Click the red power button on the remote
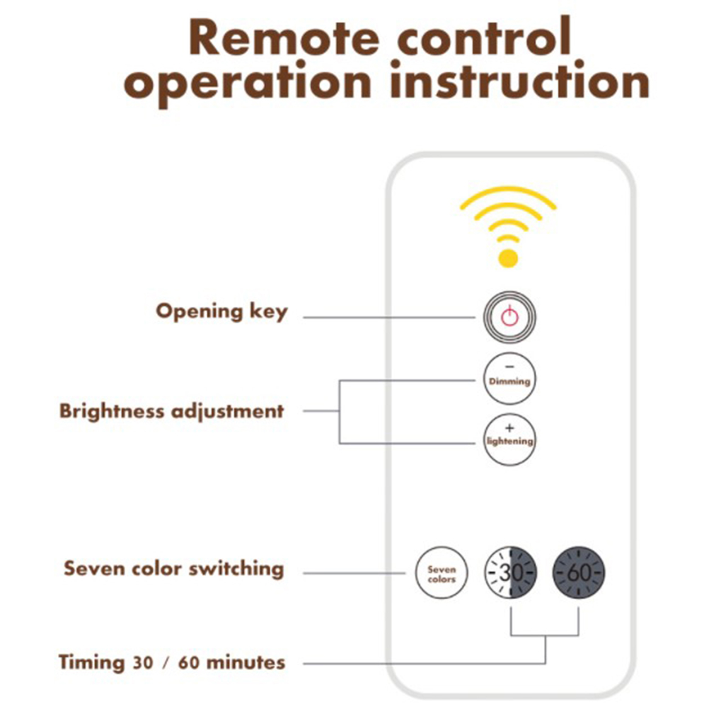click(x=509, y=316)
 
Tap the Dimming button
click(x=509, y=379)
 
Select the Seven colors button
click(x=442, y=573)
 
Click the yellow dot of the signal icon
click(x=507, y=258)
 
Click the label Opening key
click(x=221, y=311)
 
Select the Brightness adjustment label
click(x=171, y=411)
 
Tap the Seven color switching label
click(x=173, y=568)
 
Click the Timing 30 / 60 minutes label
click(x=172, y=663)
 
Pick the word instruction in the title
click(x=520, y=83)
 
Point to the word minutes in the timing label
click(x=245, y=663)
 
